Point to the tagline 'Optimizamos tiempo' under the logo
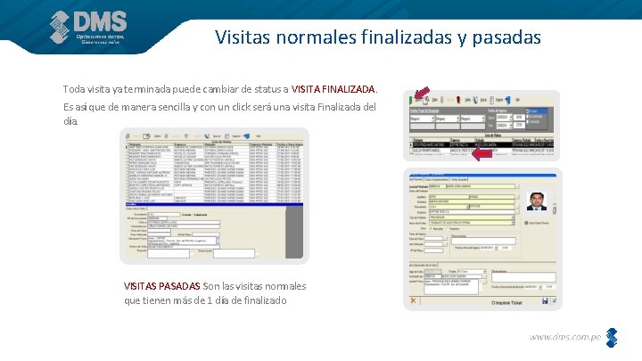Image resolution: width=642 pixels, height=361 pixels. coord(101,36)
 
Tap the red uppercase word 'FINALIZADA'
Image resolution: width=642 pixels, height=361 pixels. coord(349,89)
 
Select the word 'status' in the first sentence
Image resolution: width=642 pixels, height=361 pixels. coord(265,89)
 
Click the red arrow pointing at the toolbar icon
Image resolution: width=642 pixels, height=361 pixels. coord(420,94)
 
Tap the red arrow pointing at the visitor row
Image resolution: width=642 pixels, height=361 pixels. coord(481,153)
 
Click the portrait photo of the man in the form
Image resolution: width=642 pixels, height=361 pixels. coord(537,201)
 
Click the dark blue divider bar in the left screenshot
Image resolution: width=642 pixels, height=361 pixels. coord(214,204)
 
